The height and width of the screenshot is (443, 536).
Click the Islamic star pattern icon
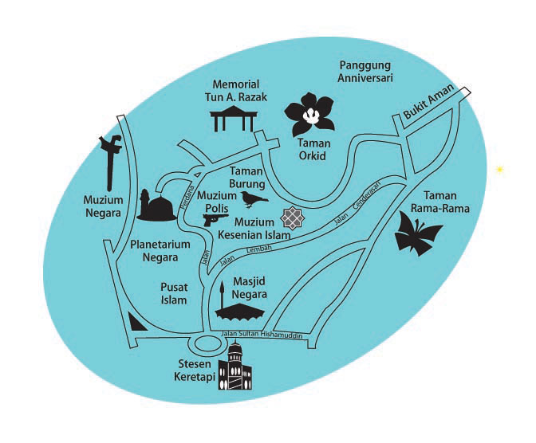[x=293, y=217]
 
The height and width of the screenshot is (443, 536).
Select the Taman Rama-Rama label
[x=446, y=202]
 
